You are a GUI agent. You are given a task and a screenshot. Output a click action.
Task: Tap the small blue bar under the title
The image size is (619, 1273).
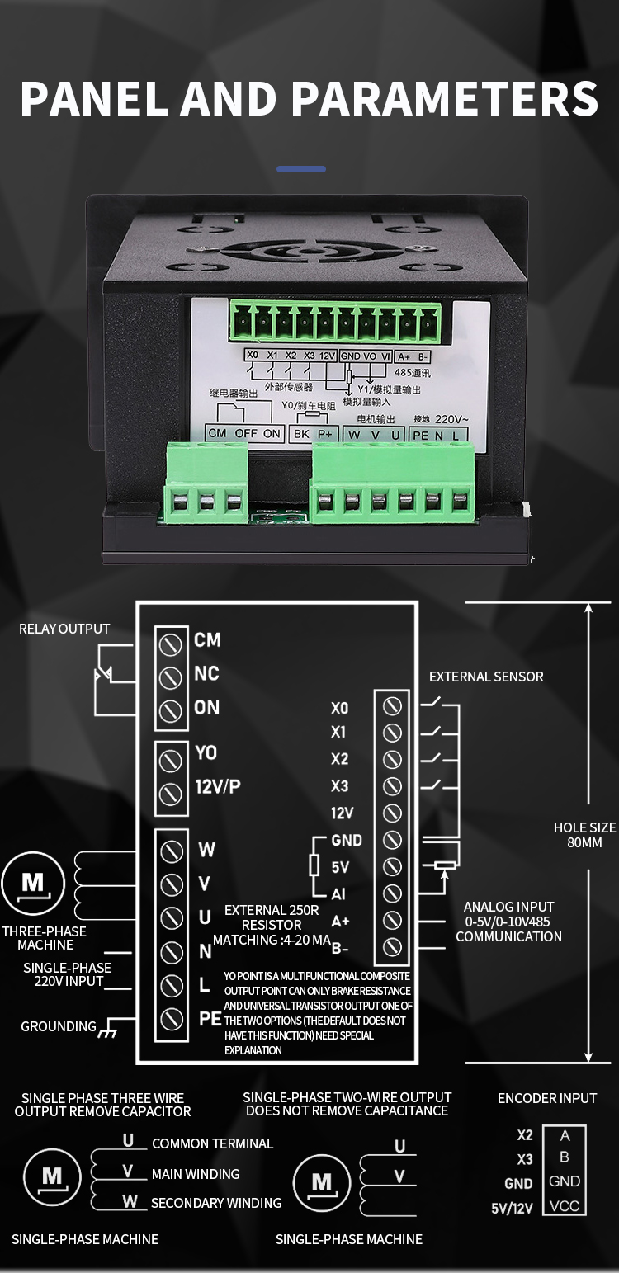[300, 169]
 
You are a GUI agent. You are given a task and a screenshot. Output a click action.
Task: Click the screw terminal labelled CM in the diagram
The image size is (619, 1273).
[170, 643]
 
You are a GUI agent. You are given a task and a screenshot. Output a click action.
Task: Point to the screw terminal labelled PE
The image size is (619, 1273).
[170, 1019]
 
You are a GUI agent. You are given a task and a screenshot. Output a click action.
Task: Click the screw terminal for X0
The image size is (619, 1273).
[393, 706]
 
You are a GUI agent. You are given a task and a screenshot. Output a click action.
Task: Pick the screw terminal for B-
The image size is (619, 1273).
[393, 946]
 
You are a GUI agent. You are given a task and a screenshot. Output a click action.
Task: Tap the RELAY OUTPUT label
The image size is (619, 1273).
[64, 629]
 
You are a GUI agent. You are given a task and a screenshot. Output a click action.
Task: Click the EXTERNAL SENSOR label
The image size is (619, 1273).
[486, 677]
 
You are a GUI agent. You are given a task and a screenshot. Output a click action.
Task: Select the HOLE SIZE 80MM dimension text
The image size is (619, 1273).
[584, 835]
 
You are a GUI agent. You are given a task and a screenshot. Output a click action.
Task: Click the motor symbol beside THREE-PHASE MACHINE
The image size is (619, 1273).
[32, 884]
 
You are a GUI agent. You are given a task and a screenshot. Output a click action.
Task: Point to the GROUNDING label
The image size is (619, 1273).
[59, 1026]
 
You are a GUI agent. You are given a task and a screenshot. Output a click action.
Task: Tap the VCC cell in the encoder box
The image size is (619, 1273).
[565, 1205]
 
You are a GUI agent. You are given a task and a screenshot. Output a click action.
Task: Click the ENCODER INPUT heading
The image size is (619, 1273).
[546, 1098]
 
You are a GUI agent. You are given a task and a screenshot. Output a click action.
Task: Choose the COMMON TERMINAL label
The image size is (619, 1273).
[212, 1143]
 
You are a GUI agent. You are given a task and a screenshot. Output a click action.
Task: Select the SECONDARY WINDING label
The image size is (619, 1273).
[216, 1203]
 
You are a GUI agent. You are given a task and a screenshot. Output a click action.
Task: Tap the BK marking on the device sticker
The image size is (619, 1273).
[302, 434]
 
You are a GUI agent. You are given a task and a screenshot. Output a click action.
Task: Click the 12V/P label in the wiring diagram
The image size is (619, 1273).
[218, 786]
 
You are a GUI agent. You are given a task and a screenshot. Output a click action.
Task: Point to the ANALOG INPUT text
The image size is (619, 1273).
[508, 907]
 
